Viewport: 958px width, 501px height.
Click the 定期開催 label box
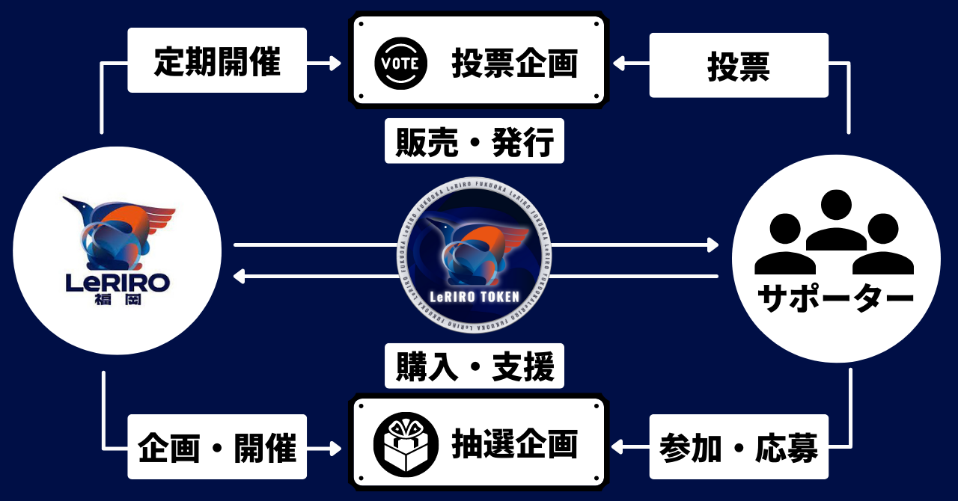[217, 61]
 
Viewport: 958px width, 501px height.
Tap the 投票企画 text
[514, 64]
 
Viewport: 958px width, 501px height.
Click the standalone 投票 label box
[739, 66]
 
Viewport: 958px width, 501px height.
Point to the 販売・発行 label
[475, 142]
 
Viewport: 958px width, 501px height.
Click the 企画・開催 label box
[217, 447]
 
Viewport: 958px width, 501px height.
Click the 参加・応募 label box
[739, 447]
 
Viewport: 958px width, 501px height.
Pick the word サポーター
[836, 298]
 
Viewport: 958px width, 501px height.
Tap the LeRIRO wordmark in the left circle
[118, 282]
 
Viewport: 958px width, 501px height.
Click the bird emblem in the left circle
[120, 232]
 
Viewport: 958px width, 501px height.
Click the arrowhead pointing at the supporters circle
[712, 245]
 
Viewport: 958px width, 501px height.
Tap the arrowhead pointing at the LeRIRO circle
[239, 277]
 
